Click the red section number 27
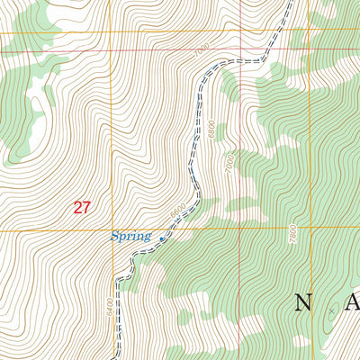coord(82,207)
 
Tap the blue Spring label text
coord(130,237)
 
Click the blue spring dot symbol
coord(162,239)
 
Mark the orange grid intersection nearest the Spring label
coord(112,229)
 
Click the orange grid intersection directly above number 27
coord(111,32)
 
